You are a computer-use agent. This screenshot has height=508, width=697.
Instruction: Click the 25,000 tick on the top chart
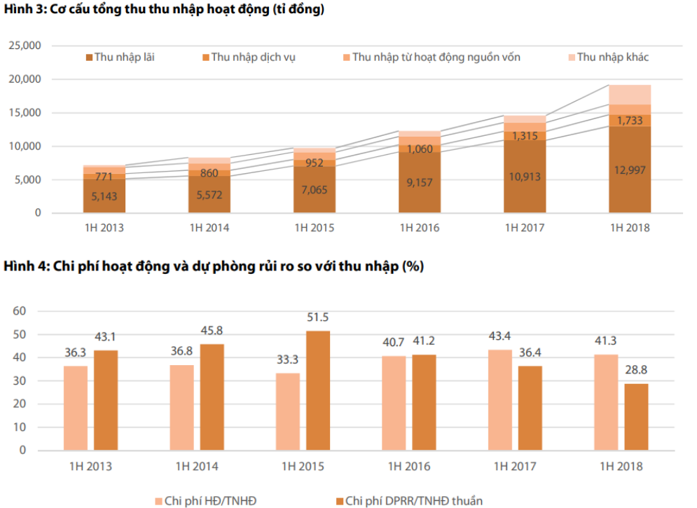point(26,46)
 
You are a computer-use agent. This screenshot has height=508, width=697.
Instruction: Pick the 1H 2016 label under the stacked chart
point(419,228)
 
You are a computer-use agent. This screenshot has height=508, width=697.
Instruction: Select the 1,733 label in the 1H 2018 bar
point(630,121)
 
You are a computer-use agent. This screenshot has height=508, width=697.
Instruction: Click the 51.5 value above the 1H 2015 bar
point(317,317)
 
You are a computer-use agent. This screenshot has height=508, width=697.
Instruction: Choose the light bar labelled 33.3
point(287,411)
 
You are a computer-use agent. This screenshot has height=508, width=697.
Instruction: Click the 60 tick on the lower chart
point(20,311)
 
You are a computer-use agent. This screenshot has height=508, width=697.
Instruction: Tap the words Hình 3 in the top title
point(22,10)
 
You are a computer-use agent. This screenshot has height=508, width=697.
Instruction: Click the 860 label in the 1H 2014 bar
point(209,172)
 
